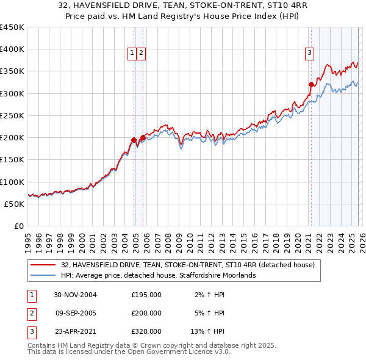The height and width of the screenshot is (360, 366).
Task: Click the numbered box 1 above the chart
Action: (132, 53)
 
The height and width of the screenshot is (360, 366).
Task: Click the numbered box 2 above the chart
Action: (141, 53)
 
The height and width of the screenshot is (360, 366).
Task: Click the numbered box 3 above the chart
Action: (309, 53)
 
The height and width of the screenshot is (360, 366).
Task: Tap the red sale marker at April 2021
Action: (311, 84)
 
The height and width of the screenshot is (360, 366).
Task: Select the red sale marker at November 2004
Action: (134, 140)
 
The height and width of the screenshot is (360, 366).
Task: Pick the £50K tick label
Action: (15, 204)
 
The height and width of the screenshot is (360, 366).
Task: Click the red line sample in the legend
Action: (43, 265)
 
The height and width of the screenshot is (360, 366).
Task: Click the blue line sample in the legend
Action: (43, 275)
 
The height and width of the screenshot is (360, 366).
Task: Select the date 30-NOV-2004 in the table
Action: (75, 295)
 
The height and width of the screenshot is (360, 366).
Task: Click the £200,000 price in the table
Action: (146, 313)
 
